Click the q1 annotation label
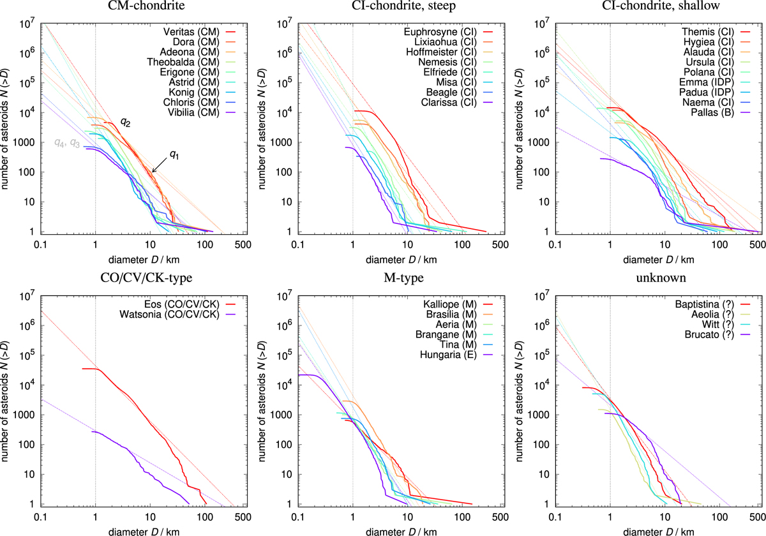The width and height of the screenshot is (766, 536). click(174, 154)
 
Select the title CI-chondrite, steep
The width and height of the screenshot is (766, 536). click(391, 8)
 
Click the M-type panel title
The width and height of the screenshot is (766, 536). click(391, 279)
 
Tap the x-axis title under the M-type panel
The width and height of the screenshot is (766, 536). click(391, 529)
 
